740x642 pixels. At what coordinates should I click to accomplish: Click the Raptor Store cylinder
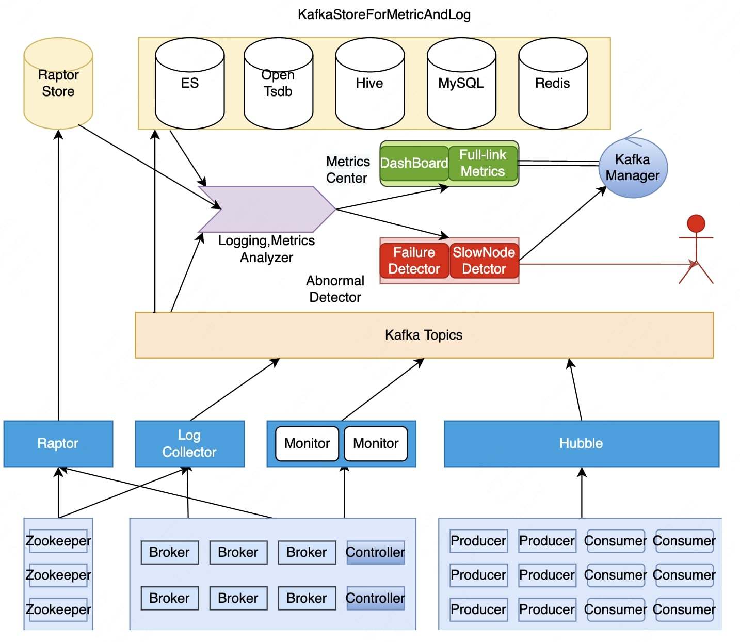58,83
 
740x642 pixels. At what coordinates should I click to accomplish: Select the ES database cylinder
189,83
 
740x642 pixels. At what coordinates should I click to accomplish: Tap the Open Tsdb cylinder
278,83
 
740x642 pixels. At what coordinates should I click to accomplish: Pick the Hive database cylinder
369,83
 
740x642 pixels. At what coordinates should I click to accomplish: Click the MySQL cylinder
461,83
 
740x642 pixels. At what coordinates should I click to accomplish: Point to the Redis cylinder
553,83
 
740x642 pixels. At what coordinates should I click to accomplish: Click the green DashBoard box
414,163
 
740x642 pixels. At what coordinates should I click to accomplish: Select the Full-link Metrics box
483,163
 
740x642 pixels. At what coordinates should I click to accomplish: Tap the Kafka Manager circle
633,167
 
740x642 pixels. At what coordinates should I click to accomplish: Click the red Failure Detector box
414,261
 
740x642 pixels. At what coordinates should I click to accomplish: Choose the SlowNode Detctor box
484,261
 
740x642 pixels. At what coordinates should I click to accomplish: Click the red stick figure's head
696,223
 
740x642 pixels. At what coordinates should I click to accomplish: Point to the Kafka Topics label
424,335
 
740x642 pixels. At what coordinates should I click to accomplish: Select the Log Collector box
189,443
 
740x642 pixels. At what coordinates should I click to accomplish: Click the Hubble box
581,443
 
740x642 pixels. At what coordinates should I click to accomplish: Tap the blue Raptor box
58,443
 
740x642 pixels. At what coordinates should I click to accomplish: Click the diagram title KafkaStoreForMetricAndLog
384,14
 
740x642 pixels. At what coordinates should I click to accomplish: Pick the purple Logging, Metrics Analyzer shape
267,209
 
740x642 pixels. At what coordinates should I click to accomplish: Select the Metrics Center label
348,170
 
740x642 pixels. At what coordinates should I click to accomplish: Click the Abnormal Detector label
335,289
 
